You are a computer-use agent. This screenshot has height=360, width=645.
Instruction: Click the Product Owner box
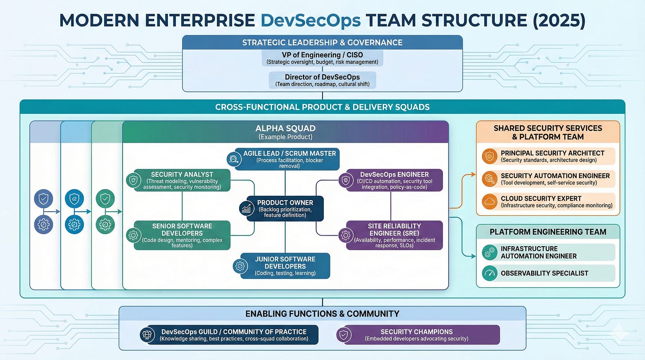pos(285,209)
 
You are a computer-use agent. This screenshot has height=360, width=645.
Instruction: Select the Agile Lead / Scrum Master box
pos(287,159)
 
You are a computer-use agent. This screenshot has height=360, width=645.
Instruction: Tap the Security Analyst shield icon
pos(133,180)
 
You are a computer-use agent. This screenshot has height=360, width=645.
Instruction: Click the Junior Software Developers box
pos(285,266)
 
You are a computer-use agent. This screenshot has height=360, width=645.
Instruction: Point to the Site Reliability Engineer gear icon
pos(346,236)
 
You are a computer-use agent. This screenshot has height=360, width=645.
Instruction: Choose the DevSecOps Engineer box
pos(394,180)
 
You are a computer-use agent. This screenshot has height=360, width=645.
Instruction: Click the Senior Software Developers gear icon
pos(133,235)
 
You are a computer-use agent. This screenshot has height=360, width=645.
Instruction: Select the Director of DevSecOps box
pos(322,80)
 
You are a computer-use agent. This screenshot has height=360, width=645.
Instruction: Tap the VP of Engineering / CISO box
pos(322,58)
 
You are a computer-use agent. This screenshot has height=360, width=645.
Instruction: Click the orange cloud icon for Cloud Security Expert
pos(490,201)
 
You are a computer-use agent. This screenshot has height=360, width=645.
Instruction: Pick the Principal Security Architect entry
pos(548,156)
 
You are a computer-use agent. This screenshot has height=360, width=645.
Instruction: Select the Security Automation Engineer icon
pos(490,179)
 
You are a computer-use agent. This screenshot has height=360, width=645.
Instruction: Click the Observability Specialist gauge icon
pos(490,273)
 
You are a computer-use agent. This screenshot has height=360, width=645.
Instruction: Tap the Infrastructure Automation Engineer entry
pos(548,252)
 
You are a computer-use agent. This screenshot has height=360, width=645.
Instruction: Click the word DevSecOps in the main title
pos(311,21)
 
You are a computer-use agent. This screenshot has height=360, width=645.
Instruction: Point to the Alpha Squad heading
pos(285,128)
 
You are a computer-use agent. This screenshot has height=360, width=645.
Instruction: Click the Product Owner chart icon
pos(246,208)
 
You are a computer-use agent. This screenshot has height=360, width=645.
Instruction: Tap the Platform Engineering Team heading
pos(548,232)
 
